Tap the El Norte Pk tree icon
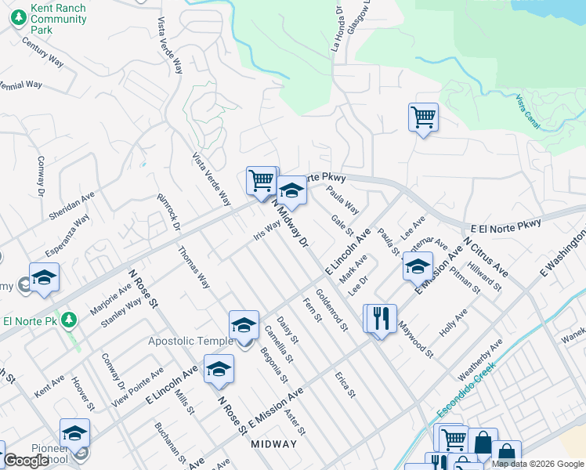(70, 320)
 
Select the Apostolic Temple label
(190, 341)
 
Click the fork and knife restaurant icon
(382, 317)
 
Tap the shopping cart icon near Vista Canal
(423, 117)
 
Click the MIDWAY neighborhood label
(274, 444)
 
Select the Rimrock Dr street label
(168, 212)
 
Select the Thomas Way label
(194, 268)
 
